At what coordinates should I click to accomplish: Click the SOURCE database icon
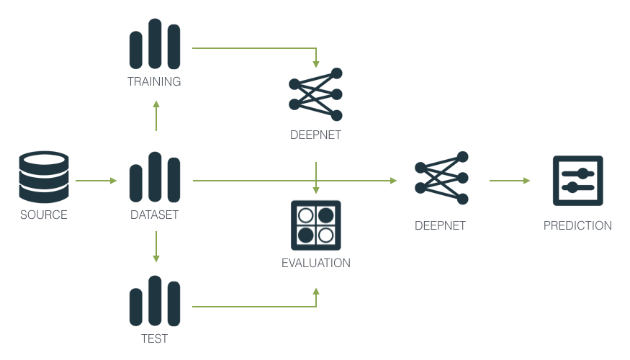44,177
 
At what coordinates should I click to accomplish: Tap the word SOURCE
44,215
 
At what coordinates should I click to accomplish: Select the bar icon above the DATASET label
154,177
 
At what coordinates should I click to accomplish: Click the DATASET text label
154,215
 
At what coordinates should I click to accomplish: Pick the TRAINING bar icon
154,44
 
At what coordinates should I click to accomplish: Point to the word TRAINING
154,81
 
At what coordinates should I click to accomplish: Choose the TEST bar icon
154,301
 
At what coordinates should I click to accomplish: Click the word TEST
154,338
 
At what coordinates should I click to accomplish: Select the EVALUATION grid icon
315,225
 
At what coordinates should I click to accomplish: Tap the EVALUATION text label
315,264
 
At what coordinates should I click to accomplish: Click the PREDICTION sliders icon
577,181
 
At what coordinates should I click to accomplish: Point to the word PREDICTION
577,225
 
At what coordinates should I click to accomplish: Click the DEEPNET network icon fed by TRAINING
315,94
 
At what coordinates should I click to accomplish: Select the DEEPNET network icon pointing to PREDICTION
441,178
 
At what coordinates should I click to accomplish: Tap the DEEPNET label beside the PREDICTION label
440,225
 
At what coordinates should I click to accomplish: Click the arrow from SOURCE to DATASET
95,181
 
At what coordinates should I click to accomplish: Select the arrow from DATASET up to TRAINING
156,116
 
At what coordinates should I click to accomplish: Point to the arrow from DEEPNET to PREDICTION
509,181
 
